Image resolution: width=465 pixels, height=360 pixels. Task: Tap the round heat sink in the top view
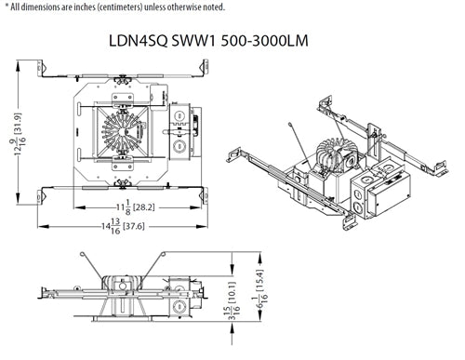tap(123, 129)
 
